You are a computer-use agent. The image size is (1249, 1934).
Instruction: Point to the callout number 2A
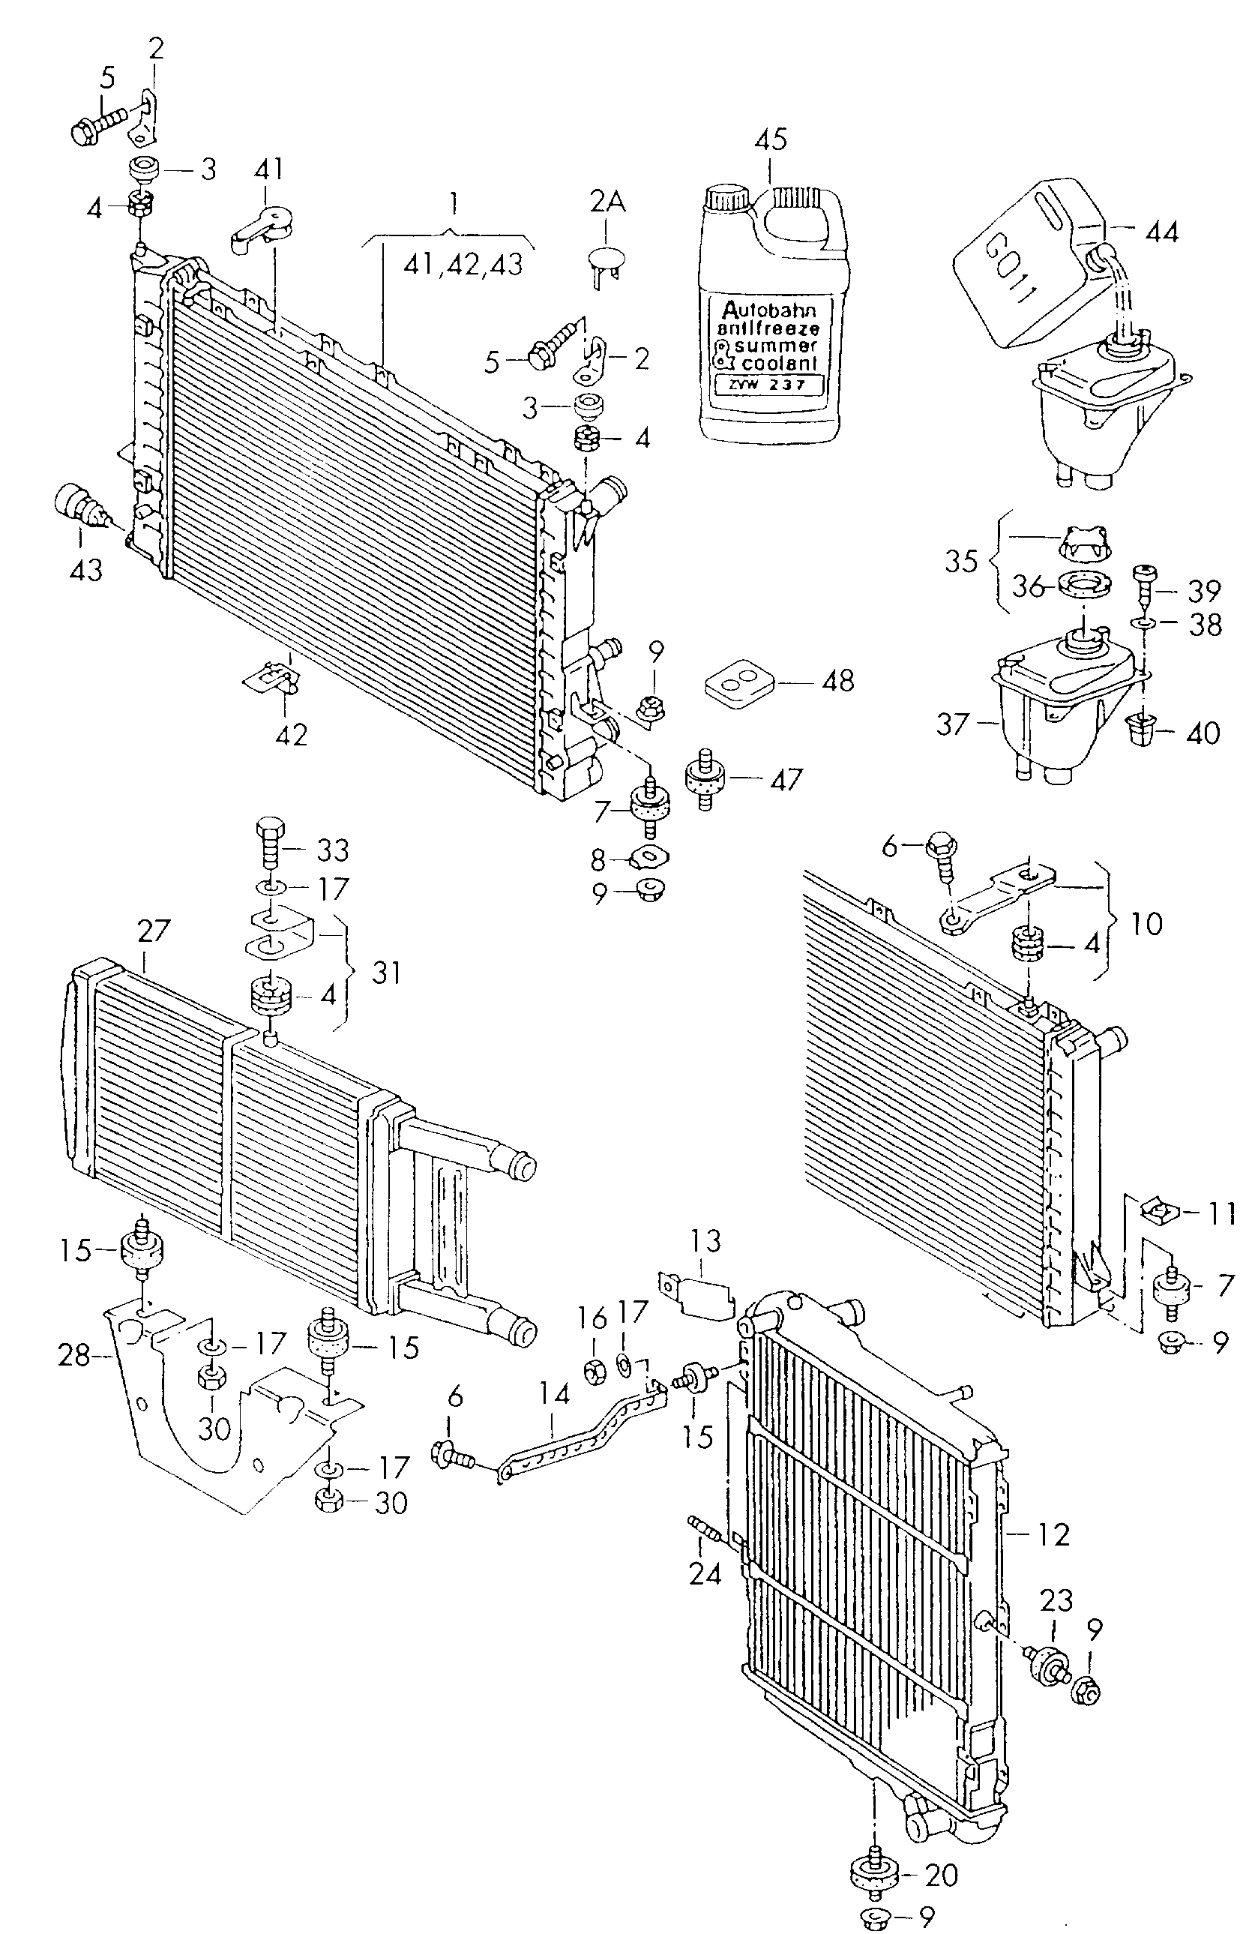click(x=607, y=202)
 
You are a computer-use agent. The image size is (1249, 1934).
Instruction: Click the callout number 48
click(x=838, y=681)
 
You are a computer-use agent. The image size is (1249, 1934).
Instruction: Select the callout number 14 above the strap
click(x=554, y=1394)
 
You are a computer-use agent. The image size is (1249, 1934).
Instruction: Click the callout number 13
click(x=705, y=1240)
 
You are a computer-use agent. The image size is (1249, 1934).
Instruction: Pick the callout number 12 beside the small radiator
click(x=1053, y=1534)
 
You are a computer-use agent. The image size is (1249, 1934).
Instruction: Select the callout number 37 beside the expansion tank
click(x=953, y=724)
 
